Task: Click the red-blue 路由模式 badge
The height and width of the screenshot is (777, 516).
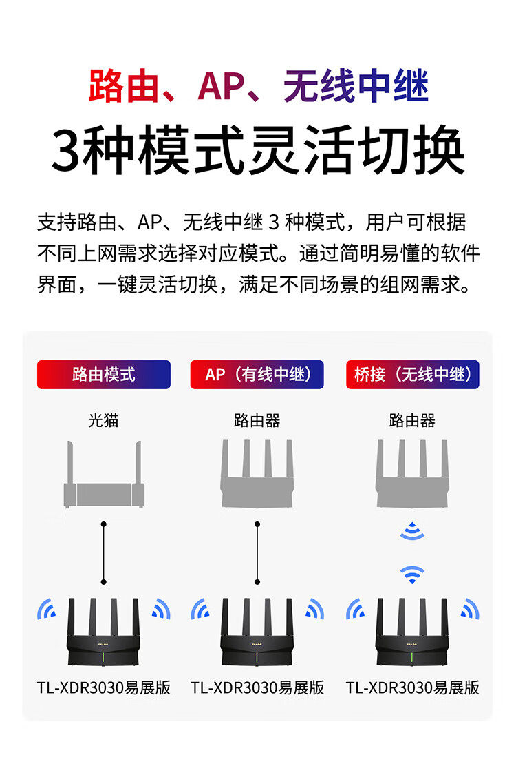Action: [x=104, y=375]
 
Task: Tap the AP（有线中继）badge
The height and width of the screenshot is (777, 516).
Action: [x=257, y=375]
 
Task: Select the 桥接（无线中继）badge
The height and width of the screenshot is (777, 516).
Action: [x=412, y=375]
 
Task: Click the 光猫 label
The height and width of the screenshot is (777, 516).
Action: [x=103, y=420]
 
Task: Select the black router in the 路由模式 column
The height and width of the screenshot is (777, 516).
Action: [x=104, y=634]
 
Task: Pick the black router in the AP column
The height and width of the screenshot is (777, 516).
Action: [x=257, y=634]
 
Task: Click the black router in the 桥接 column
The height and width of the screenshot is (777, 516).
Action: [x=412, y=634]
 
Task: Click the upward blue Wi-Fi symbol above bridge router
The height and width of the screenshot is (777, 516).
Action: [x=412, y=574]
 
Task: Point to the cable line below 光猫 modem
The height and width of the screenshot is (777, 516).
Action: [x=104, y=551]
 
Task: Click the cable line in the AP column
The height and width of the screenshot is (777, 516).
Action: [x=257, y=551]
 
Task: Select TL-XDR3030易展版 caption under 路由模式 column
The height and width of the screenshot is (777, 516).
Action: [x=104, y=687]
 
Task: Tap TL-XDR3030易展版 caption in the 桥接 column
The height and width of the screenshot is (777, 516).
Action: [x=412, y=687]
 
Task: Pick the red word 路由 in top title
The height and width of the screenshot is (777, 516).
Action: [x=118, y=88]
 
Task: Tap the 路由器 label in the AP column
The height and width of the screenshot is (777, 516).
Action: [x=257, y=420]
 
